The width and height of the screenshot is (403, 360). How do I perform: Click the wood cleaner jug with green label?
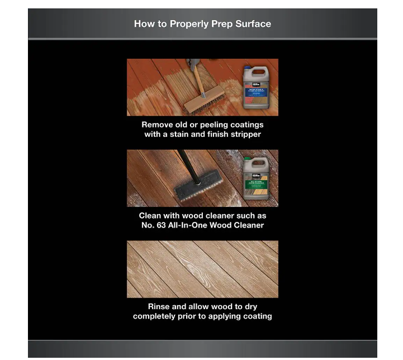click(x=255, y=178)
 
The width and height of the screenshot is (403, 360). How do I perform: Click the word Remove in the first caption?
click(x=158, y=125)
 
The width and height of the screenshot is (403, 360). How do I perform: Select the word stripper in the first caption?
click(x=244, y=134)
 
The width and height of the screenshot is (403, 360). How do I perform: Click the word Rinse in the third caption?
click(x=159, y=306)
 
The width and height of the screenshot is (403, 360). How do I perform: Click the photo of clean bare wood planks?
click(x=202, y=269)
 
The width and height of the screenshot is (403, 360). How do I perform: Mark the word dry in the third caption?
click(x=250, y=306)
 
